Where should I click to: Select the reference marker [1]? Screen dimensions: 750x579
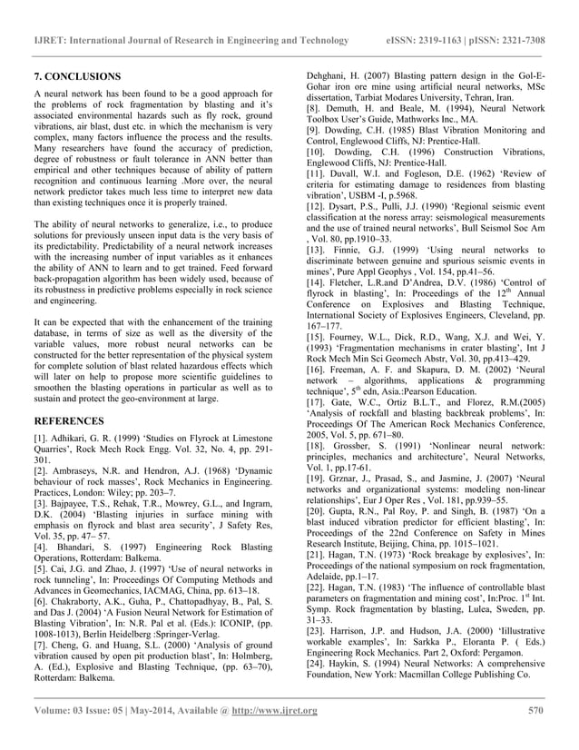point(41,439)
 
